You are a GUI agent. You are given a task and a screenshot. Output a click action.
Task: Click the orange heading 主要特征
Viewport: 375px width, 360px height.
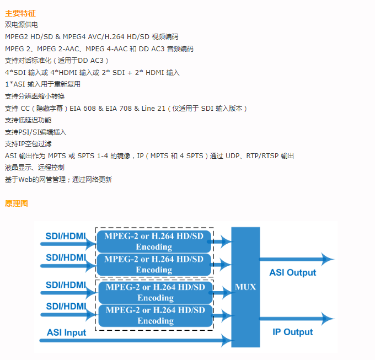click(x=20, y=13)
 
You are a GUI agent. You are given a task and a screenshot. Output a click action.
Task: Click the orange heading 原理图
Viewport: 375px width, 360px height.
click(x=17, y=203)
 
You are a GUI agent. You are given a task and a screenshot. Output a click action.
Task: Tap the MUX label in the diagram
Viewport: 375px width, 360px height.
click(x=245, y=287)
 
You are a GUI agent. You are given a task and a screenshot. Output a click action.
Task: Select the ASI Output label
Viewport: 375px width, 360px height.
click(x=293, y=272)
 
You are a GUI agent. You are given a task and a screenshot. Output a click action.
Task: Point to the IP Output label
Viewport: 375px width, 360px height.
click(x=293, y=332)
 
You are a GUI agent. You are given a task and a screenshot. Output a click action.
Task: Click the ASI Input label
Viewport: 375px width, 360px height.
click(x=66, y=332)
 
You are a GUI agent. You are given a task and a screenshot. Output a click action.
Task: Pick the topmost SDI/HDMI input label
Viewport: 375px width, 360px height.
click(x=66, y=236)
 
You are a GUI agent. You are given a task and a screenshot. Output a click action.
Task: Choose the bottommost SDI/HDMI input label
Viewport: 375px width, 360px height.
click(x=66, y=306)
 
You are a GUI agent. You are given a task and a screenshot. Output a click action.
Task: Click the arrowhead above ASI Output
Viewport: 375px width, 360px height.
click(x=328, y=259)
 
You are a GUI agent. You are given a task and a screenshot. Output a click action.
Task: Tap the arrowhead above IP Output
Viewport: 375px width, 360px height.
click(x=328, y=319)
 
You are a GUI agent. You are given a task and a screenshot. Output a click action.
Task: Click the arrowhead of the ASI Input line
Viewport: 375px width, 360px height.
click(x=227, y=340)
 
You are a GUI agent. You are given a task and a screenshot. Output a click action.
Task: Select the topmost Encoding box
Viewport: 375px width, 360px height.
click(x=154, y=241)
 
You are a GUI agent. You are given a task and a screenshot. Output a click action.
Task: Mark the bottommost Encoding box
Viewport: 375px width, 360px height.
click(x=156, y=315)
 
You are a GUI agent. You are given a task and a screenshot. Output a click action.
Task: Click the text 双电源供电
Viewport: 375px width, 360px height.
click(x=22, y=25)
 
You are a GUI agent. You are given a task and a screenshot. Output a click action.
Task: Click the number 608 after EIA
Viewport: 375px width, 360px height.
click(x=89, y=109)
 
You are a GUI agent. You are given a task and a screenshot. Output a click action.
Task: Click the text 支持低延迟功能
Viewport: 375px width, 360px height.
click(x=28, y=120)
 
